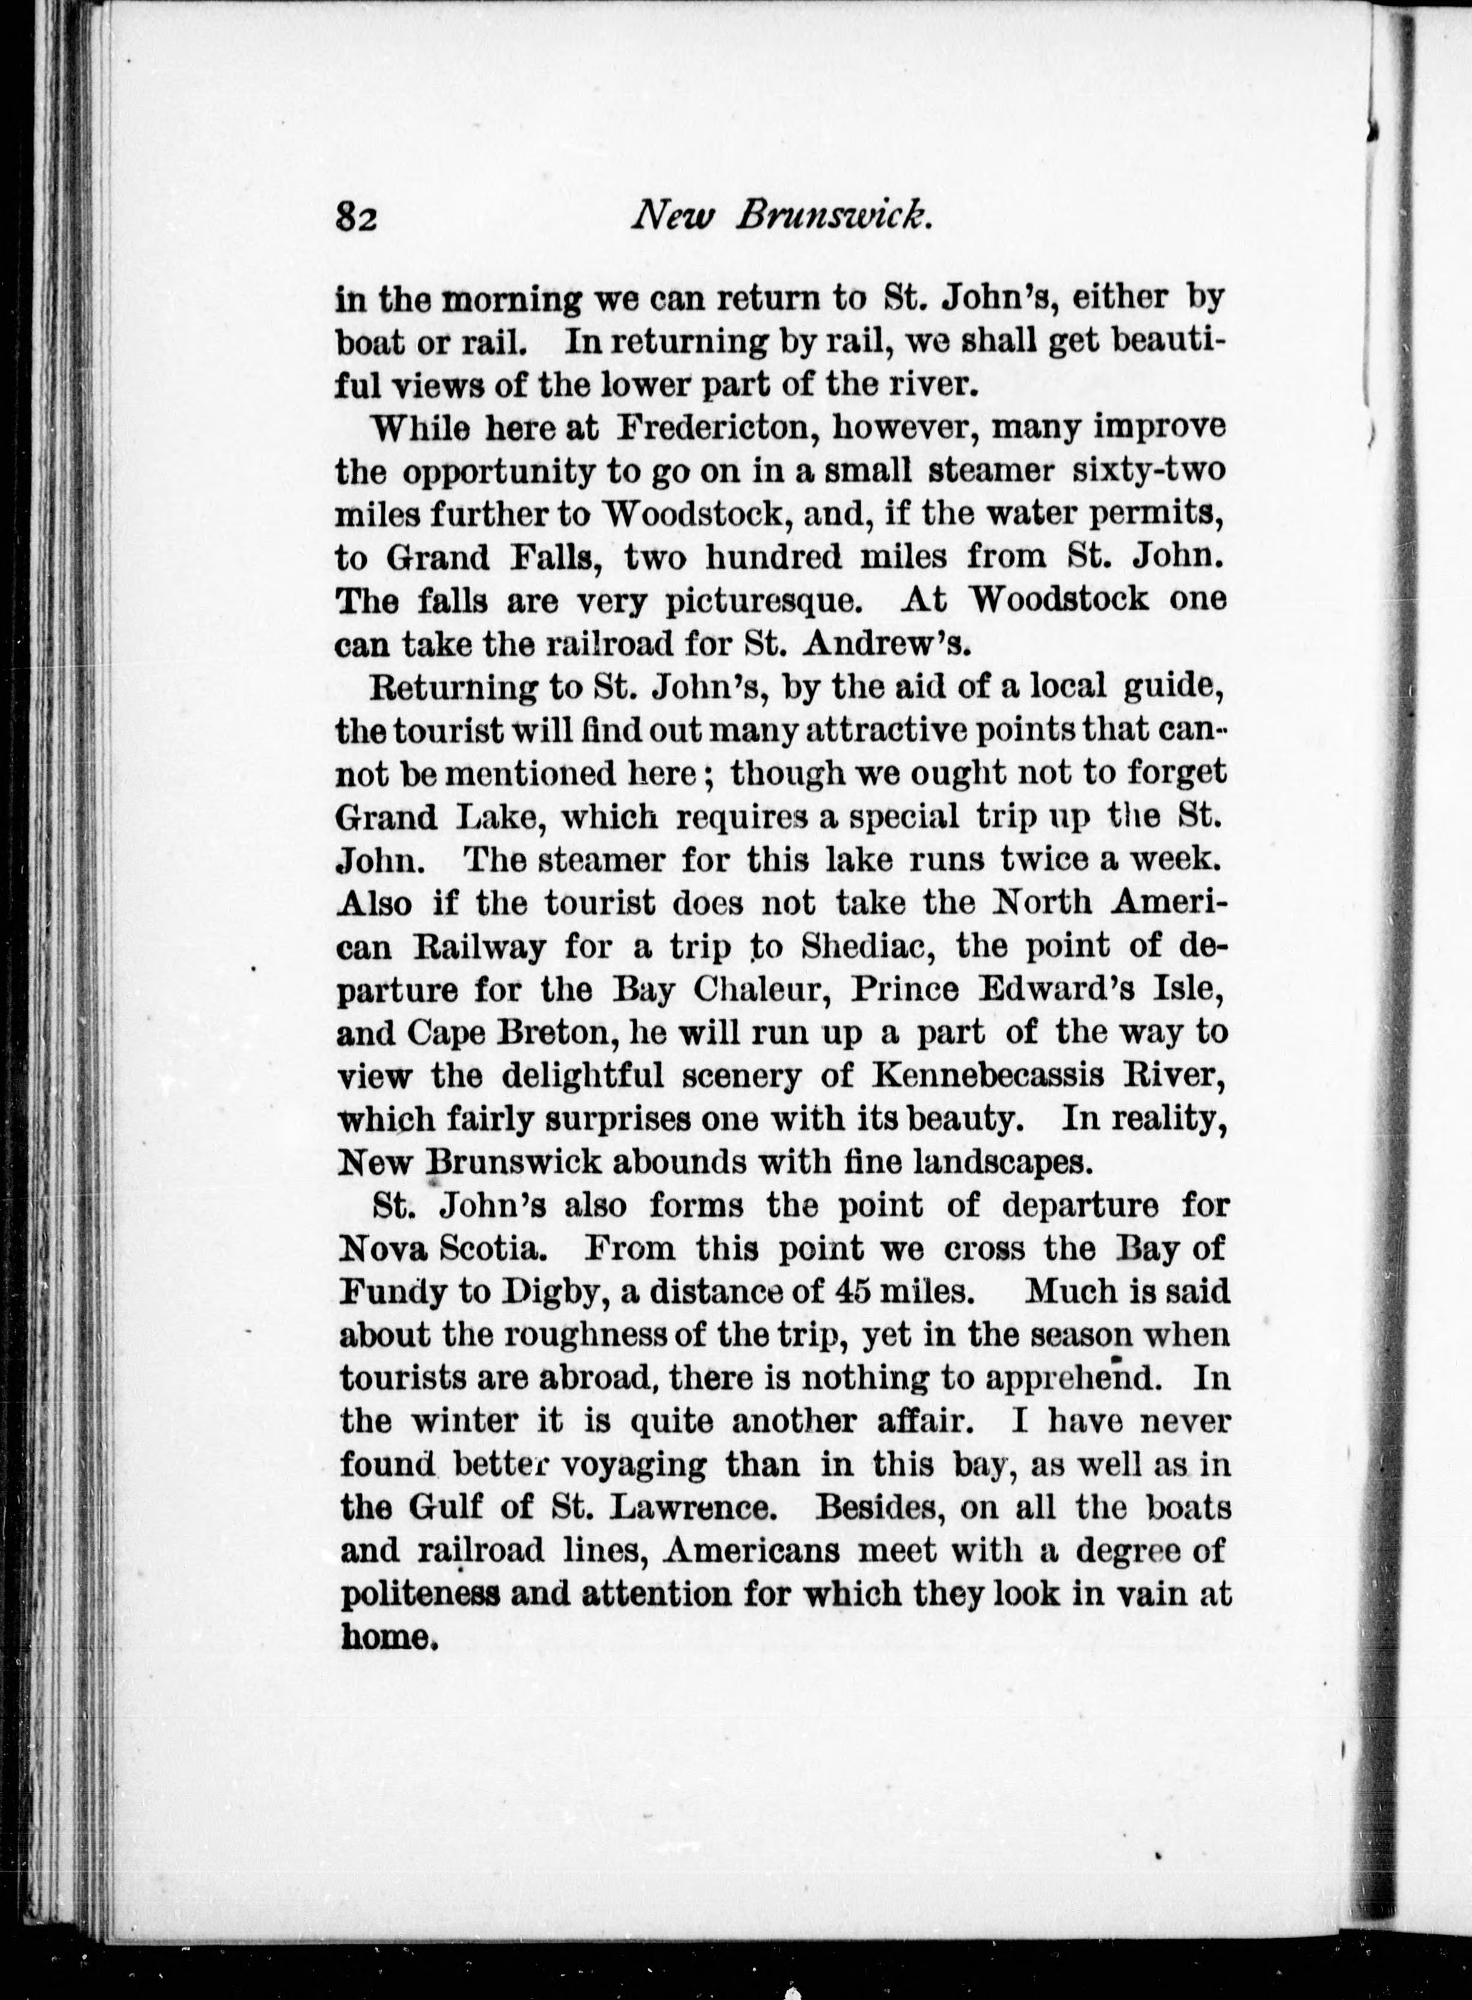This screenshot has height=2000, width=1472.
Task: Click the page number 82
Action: [358, 217]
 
